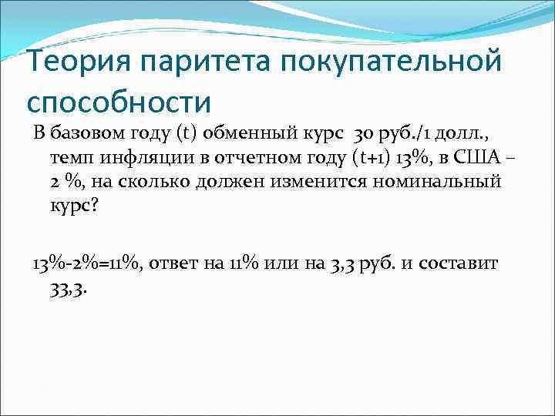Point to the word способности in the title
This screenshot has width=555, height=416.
click(118, 100)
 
